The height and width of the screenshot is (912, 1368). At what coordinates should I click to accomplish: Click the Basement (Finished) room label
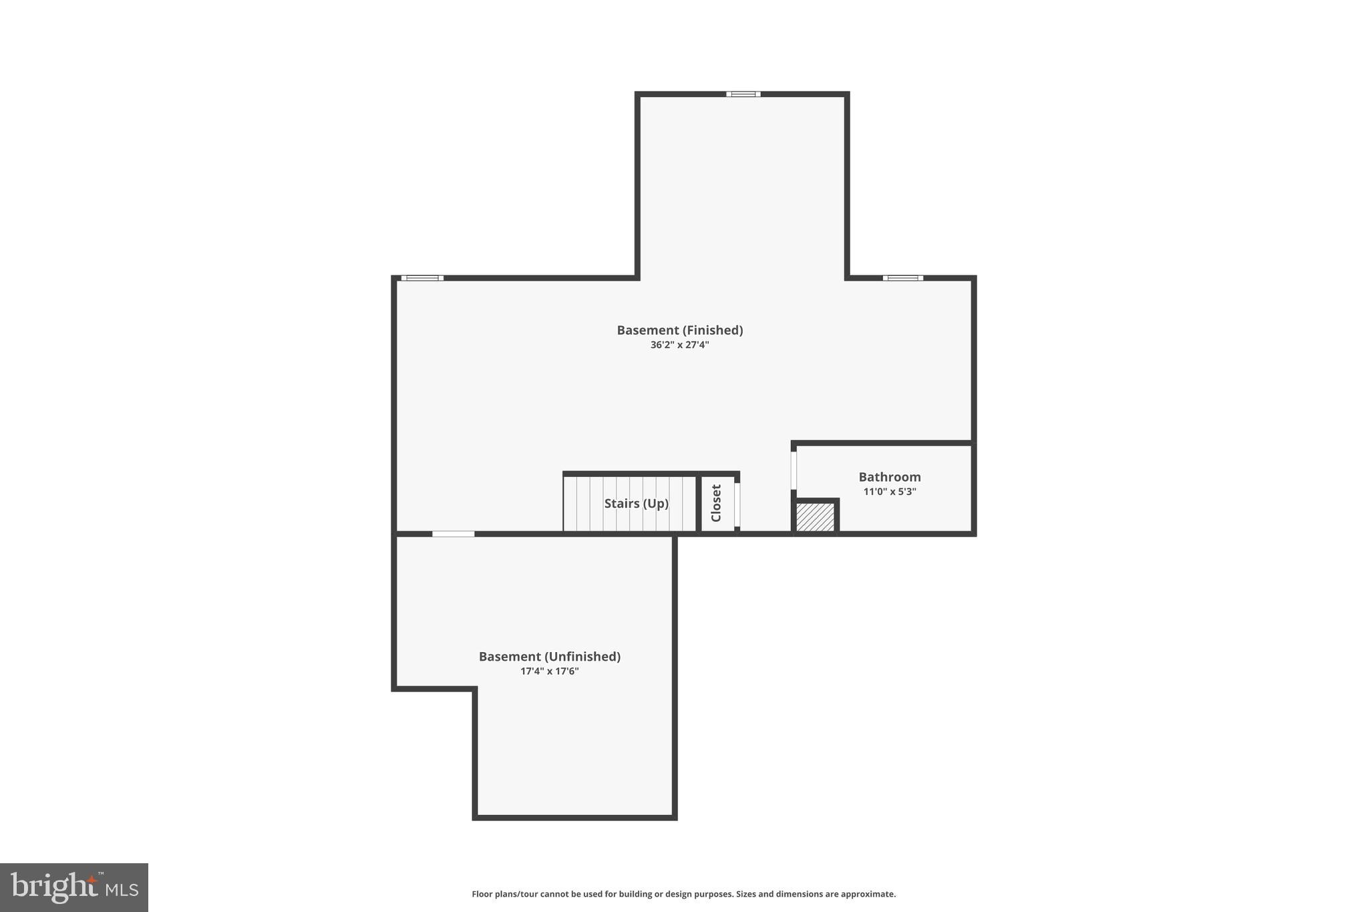click(x=679, y=330)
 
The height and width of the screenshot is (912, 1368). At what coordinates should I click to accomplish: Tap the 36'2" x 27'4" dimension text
click(x=679, y=345)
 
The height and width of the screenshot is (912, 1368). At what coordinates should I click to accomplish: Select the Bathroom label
click(x=889, y=477)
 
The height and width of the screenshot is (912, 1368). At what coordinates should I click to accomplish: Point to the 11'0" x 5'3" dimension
click(x=889, y=492)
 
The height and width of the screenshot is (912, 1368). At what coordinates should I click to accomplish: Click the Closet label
click(x=716, y=503)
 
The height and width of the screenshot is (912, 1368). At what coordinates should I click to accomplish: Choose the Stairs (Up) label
click(x=636, y=504)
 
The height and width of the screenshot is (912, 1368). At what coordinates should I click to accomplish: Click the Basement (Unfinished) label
click(x=549, y=657)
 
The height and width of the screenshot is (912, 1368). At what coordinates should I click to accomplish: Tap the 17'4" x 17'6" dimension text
click(x=549, y=671)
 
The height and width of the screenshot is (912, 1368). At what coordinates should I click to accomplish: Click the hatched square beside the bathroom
click(x=815, y=517)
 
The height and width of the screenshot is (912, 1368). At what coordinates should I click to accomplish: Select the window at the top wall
click(x=743, y=94)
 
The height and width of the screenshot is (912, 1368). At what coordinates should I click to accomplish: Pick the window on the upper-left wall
click(x=422, y=278)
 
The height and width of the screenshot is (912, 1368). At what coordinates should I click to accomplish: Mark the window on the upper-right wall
click(x=902, y=278)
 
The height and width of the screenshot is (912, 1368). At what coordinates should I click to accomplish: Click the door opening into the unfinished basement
click(x=453, y=534)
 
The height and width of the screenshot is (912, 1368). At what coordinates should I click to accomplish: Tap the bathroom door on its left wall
click(x=794, y=470)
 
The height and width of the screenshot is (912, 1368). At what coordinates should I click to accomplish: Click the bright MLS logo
click(x=74, y=887)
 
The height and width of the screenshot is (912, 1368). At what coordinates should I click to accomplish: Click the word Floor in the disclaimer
click(x=482, y=894)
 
